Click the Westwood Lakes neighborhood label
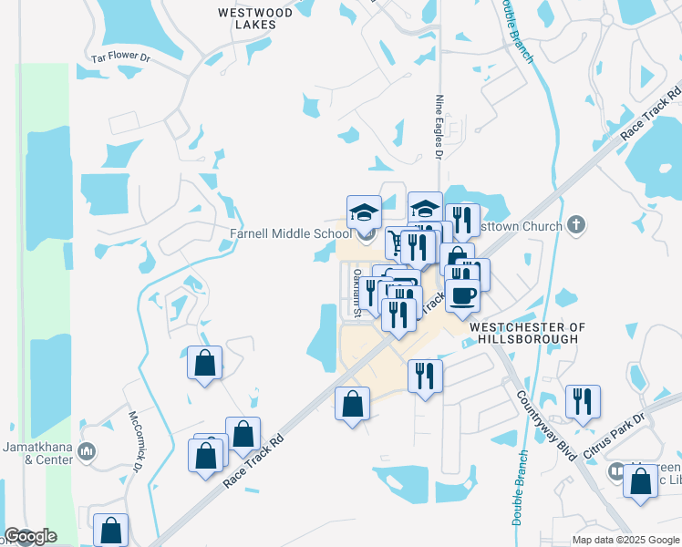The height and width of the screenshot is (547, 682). click(256, 18)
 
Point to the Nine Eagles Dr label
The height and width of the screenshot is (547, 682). click(439, 128)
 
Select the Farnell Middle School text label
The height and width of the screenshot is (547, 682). click(288, 233)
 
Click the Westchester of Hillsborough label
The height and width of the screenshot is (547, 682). click(523, 332)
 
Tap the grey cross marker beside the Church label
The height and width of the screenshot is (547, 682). click(575, 224)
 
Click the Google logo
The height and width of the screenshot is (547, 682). click(30, 536)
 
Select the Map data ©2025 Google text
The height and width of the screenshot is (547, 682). click(625, 540)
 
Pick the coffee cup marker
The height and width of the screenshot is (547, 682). click(463, 295)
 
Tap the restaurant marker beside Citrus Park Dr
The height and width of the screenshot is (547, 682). click(582, 401)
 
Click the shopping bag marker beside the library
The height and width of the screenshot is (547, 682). click(640, 480)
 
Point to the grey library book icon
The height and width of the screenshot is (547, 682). click(616, 471)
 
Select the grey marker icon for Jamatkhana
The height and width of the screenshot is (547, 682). click(87, 451)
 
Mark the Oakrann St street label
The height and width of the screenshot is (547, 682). click(358, 293)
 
